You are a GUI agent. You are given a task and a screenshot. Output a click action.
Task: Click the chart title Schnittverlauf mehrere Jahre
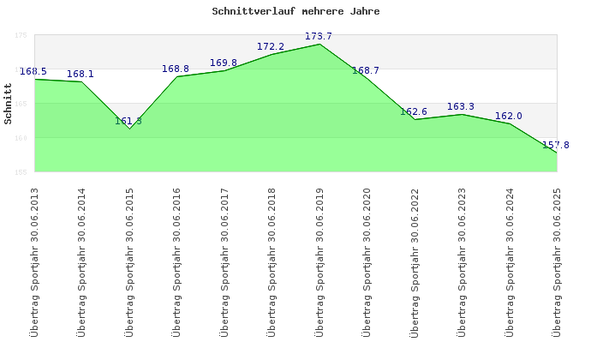tap(295, 12)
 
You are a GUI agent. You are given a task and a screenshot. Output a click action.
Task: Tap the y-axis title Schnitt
tap(9, 104)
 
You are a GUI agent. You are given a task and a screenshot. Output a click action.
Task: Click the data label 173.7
tap(319, 36)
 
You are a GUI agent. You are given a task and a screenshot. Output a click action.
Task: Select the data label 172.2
tap(271, 46)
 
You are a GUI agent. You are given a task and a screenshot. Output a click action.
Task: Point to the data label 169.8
tap(224, 63)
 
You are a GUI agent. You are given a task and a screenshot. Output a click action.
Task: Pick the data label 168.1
tap(81, 74)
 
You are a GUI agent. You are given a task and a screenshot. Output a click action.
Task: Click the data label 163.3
tap(461, 106)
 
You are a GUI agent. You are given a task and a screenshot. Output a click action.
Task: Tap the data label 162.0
tap(509, 116)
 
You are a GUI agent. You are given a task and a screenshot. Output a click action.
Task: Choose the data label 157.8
tap(556, 145)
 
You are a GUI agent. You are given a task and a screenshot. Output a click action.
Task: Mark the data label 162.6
tap(414, 111)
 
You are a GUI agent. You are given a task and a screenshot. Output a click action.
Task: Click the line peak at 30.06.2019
tap(319, 44)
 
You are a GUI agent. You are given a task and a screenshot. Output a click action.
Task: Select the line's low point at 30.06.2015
tap(130, 128)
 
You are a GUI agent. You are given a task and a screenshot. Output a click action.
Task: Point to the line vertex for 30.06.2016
tap(177, 77)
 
